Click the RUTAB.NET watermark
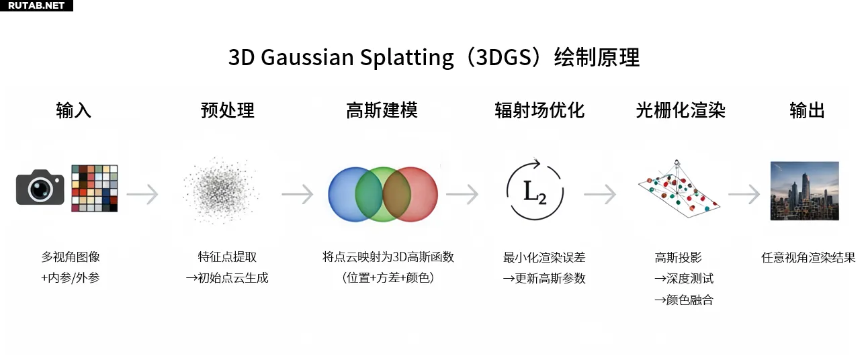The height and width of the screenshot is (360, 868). (x=36, y=5)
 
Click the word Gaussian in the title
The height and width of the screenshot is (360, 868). (x=307, y=58)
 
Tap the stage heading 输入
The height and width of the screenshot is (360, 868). (x=74, y=110)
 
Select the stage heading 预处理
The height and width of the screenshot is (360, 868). (x=228, y=110)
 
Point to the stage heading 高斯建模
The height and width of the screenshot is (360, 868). (x=382, y=110)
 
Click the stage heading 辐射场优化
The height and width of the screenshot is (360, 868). (x=539, y=110)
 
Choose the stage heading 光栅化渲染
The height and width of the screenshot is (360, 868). (x=681, y=110)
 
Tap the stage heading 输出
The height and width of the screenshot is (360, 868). (x=807, y=110)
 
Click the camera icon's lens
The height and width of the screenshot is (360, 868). (x=40, y=190)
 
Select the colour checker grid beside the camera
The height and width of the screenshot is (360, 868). (x=95, y=188)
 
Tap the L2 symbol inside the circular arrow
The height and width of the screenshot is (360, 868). (x=535, y=192)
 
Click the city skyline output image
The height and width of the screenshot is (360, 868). (x=804, y=191)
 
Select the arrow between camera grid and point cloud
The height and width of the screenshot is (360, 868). (x=142, y=194)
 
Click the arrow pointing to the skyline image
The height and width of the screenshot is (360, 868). (x=744, y=194)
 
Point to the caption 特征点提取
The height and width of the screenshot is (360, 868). (x=227, y=257)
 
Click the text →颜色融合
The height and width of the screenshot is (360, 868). (x=684, y=300)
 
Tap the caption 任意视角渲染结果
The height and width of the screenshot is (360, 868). (x=808, y=257)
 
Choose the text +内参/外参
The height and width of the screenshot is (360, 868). (x=71, y=278)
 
